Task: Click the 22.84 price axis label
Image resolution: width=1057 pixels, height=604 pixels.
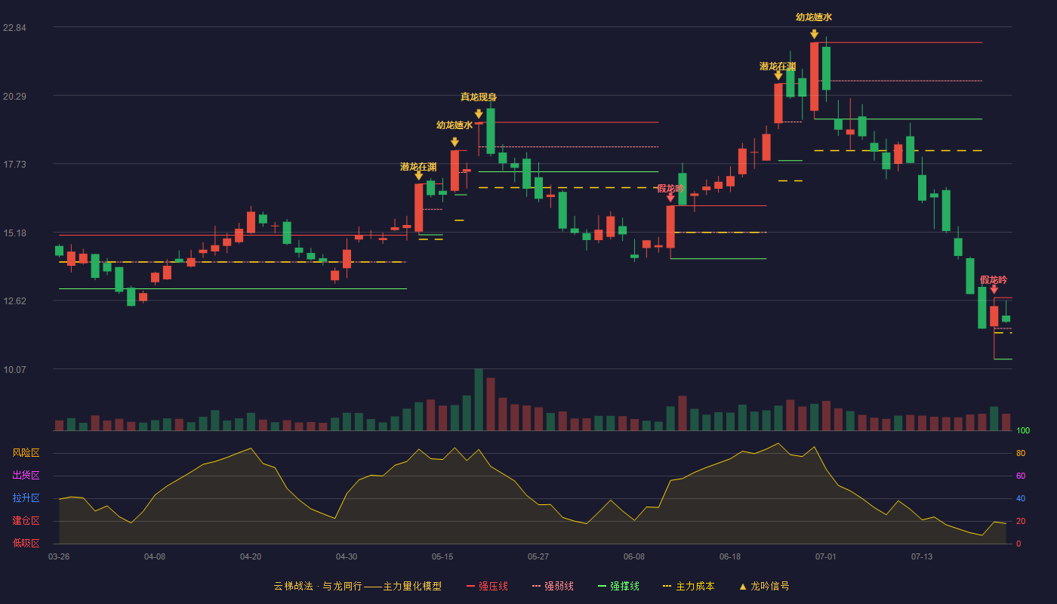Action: pos(14,28)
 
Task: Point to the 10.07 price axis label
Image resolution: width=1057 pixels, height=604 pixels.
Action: pos(14,369)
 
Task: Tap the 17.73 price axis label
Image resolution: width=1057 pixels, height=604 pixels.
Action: pos(14,165)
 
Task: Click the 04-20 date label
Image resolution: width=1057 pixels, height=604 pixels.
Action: pos(251,557)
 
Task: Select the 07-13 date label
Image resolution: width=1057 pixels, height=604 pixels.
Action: pos(922,557)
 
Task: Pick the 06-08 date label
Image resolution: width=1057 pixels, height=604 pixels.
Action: pos(633,557)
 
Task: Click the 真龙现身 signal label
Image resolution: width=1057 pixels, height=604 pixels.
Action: pos(479,97)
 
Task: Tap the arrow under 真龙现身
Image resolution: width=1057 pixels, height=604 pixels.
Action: pos(479,114)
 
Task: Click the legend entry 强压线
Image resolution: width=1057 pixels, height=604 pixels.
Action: pos(487,586)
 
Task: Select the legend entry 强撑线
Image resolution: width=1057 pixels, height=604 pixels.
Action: pos(618,586)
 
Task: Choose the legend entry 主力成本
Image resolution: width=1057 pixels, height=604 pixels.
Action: pos(689,586)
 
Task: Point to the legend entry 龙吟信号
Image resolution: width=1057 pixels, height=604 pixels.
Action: pos(764,586)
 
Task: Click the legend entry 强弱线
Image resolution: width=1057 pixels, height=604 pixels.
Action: pos(553,586)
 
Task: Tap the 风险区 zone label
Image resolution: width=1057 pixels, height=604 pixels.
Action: pos(26,453)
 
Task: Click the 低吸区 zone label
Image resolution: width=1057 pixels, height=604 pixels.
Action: pos(26,544)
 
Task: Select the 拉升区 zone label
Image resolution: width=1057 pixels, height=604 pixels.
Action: pos(26,498)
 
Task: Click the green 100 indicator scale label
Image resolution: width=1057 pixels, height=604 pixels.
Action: pos(1023,430)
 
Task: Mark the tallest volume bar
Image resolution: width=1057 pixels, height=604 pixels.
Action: pos(479,399)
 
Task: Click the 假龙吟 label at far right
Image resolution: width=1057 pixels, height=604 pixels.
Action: pos(994,280)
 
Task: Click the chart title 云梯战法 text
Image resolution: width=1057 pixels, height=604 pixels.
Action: pos(294,586)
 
